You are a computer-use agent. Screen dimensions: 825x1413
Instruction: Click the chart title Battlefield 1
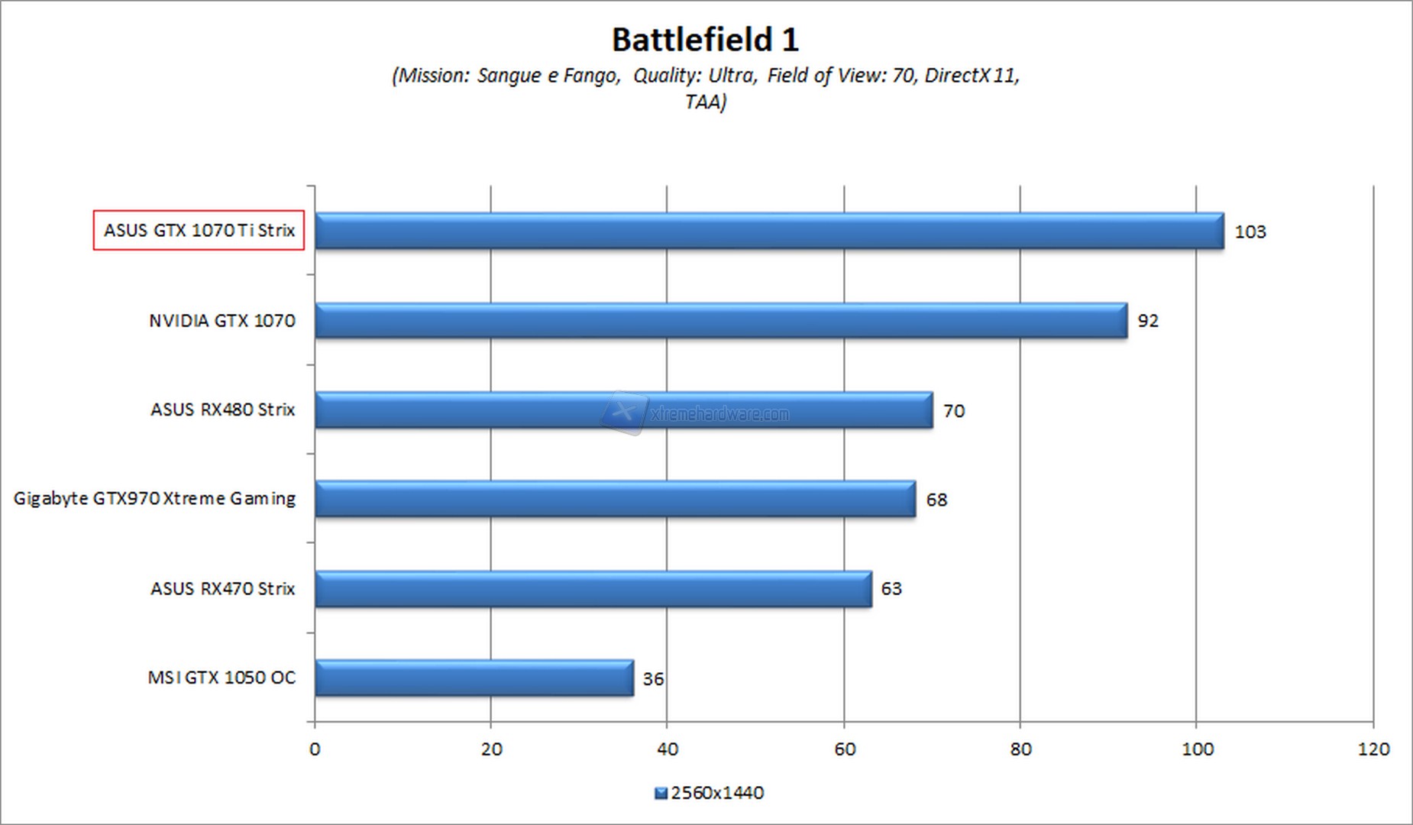point(705,40)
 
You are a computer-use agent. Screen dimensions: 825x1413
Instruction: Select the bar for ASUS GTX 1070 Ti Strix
point(768,231)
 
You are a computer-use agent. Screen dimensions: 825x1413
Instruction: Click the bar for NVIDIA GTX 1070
point(720,320)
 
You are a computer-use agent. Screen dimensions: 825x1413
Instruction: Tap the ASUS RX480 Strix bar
point(623,410)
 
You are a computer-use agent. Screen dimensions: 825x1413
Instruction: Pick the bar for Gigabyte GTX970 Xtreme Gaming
point(615,499)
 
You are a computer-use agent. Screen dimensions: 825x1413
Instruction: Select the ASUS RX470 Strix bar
point(593,589)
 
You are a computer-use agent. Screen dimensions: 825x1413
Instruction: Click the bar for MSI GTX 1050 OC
point(474,678)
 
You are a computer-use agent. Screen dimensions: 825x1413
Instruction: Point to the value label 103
point(1250,231)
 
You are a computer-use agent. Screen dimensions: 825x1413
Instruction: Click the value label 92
point(1147,321)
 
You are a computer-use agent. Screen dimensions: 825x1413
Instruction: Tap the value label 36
point(653,678)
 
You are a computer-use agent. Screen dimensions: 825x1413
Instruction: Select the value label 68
point(936,500)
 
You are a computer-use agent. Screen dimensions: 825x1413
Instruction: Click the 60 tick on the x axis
point(845,749)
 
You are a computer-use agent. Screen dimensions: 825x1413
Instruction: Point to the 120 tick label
point(1373,749)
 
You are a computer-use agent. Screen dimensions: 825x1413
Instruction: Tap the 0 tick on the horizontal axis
point(315,749)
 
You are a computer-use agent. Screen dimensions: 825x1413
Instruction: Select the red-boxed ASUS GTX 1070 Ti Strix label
point(199,230)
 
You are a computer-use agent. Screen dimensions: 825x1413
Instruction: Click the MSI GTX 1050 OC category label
point(221,678)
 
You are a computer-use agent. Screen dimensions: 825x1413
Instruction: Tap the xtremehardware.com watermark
point(718,414)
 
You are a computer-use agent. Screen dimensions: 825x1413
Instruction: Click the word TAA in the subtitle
point(703,102)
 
